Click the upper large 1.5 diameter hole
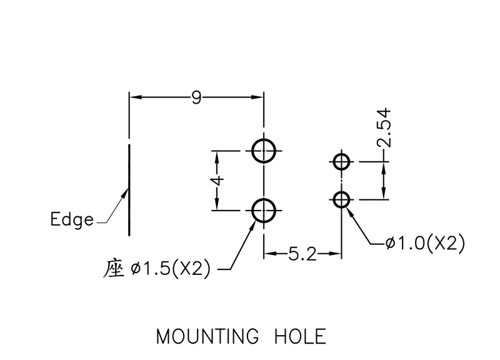point(264,151)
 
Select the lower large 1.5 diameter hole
point(264,211)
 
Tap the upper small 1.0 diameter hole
point(341,162)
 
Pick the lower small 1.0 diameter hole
point(341,200)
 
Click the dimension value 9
point(196,97)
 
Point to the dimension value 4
point(216,181)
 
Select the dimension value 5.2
point(302,254)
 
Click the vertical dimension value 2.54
point(384,127)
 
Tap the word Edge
point(72,220)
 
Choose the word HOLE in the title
point(301,337)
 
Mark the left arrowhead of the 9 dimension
point(133,97)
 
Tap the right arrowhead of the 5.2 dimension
point(337,254)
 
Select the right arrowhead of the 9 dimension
point(259,97)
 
